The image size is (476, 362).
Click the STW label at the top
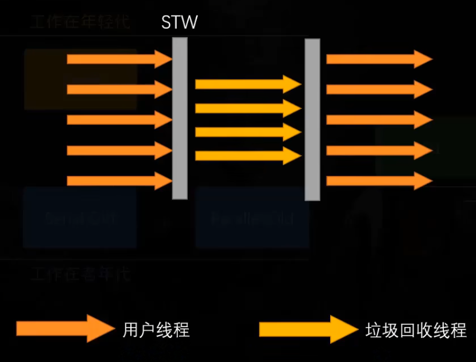click(x=180, y=23)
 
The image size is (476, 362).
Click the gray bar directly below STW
click(x=180, y=118)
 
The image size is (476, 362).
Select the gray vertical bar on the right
click(x=313, y=119)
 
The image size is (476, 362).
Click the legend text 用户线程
click(x=156, y=329)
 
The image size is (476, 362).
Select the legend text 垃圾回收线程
click(x=416, y=329)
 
